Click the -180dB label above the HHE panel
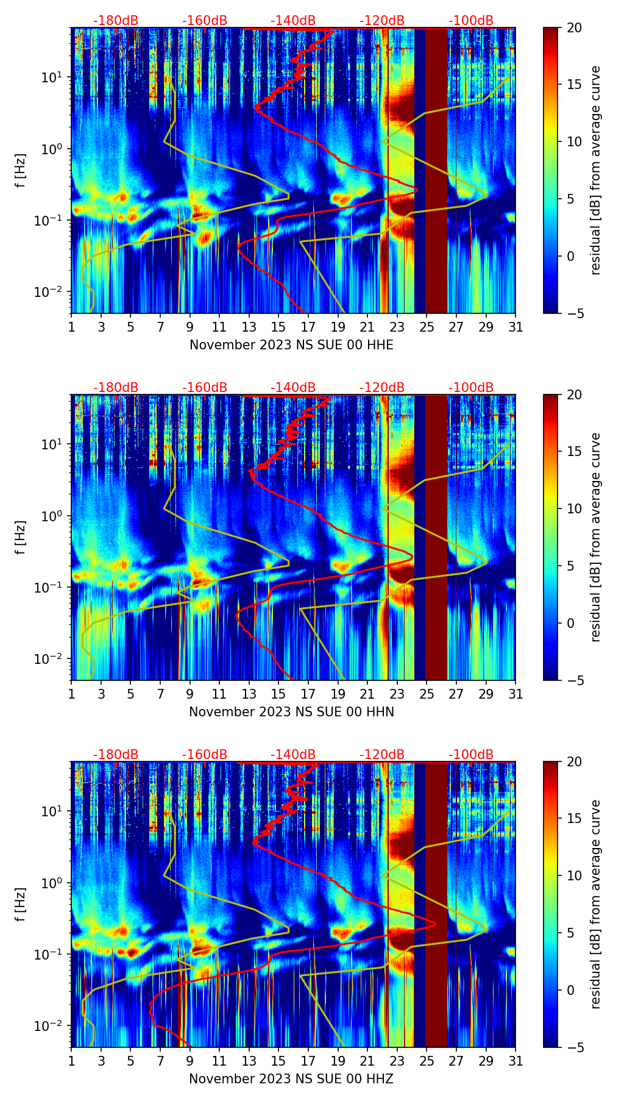click(116, 21)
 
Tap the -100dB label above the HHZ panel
click(471, 755)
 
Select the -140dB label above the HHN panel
click(293, 388)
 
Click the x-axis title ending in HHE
click(291, 345)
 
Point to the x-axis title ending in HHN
click(291, 712)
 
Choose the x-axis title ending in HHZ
click(291, 1079)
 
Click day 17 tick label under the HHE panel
click(308, 327)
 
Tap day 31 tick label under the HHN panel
click(515, 694)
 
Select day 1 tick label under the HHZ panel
click(72, 1061)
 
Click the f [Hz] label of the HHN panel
click(20, 537)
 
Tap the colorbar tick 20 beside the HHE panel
click(574, 28)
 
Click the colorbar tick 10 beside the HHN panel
click(574, 509)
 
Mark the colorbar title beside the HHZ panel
click(596, 904)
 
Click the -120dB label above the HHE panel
click(382, 21)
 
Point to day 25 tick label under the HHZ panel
click(427, 1061)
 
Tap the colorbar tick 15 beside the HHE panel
click(574, 85)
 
